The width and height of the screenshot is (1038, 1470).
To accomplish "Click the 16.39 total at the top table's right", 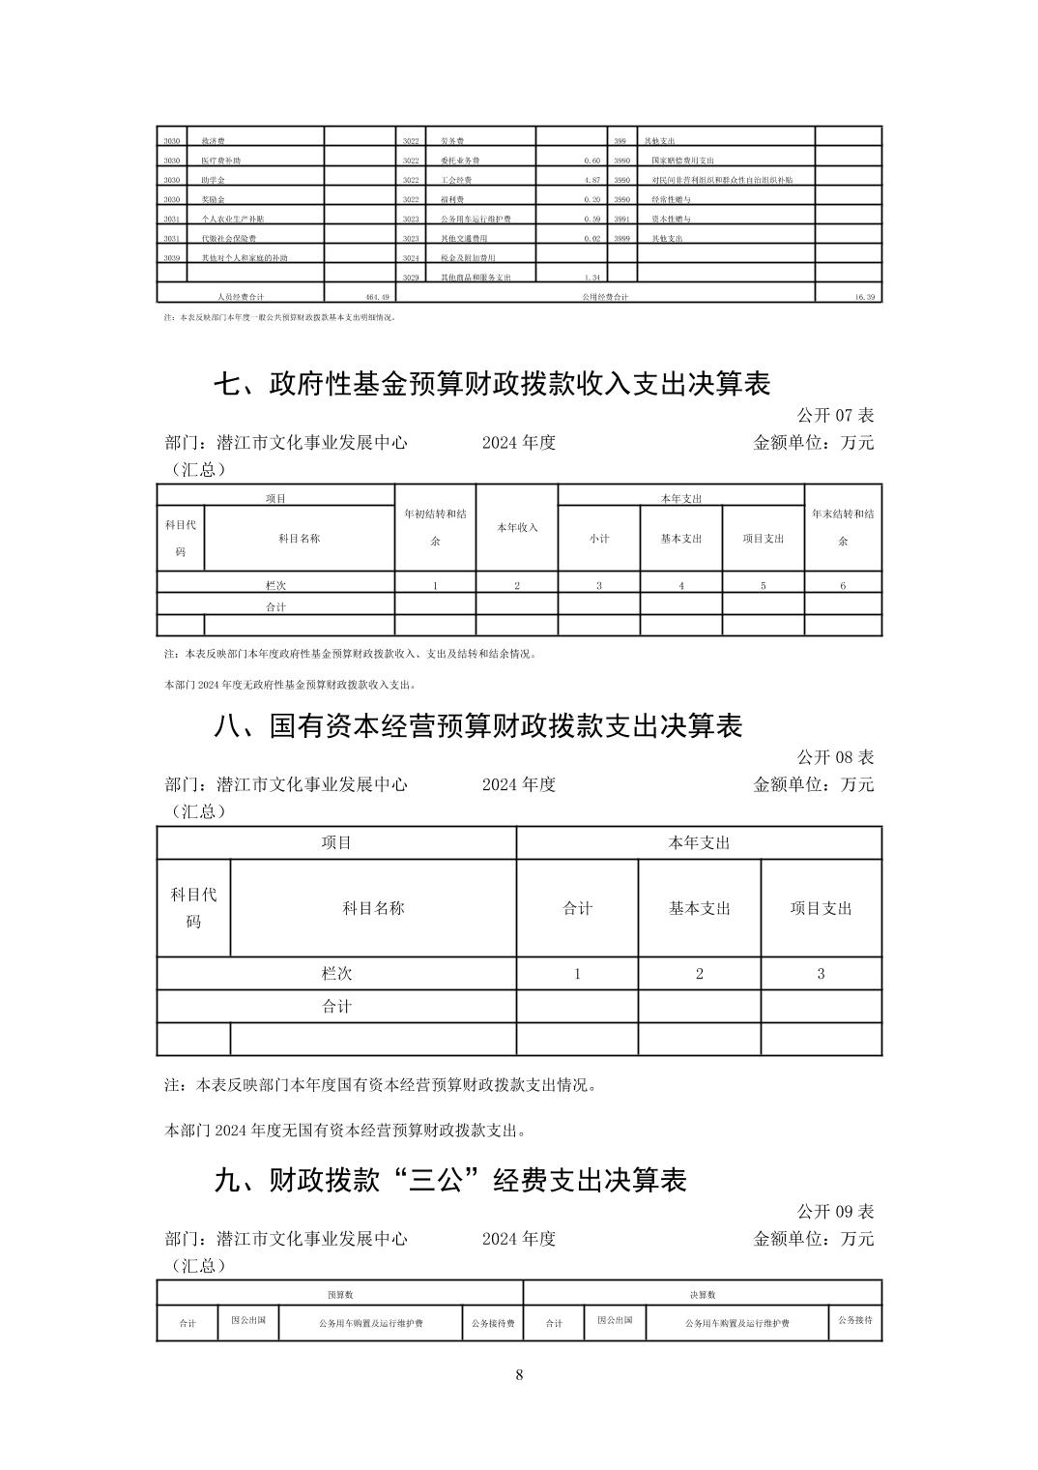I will [x=865, y=297].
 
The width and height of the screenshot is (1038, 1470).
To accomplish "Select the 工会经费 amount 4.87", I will [x=592, y=180].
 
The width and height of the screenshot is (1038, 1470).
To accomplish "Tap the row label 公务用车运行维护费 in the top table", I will [x=476, y=219].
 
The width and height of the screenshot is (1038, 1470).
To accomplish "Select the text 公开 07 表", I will [x=835, y=415].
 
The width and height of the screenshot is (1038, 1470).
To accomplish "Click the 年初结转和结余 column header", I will [x=435, y=527].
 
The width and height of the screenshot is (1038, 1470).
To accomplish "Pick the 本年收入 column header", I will [x=517, y=528].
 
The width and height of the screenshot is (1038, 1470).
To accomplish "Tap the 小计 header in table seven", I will [x=599, y=539].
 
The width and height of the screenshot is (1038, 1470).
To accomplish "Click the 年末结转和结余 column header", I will [x=843, y=527].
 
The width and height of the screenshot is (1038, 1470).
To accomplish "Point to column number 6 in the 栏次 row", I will [x=843, y=585].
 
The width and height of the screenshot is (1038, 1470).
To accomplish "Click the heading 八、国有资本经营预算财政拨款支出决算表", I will [x=477, y=725].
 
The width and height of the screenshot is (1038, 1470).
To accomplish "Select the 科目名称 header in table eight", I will [x=373, y=908].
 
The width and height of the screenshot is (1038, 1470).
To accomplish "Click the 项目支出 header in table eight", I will [x=822, y=908].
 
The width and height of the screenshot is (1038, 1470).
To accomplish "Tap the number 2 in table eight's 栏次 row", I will [x=700, y=974].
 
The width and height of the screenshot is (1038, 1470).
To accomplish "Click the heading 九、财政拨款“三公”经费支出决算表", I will [x=449, y=1180].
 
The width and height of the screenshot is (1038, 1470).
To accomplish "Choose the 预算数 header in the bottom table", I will [x=340, y=1294].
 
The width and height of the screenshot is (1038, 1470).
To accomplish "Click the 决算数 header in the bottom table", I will [x=703, y=1294].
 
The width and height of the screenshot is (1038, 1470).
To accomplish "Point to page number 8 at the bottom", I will [x=519, y=1375].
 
